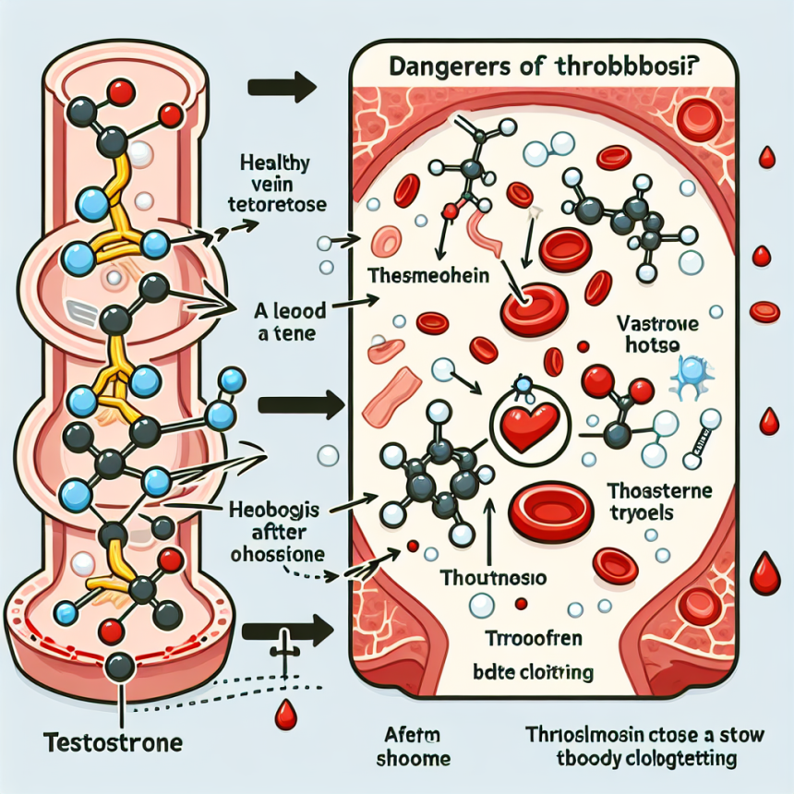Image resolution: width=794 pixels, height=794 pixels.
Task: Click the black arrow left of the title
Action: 283,90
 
